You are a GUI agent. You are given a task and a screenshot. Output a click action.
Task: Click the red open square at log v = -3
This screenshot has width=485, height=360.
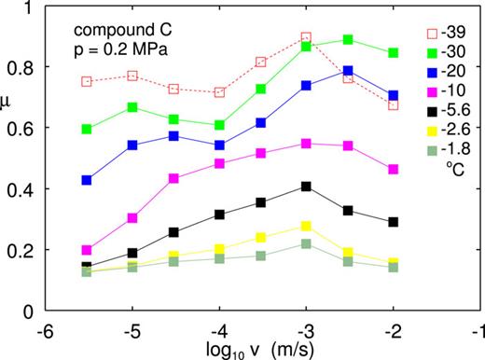tap(306, 38)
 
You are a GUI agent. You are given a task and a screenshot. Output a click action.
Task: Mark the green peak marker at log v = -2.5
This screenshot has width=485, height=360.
tap(348, 40)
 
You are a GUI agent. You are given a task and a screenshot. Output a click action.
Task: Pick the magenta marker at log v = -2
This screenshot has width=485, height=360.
tap(394, 170)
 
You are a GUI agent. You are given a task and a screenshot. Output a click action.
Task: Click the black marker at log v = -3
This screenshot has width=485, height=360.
tap(306, 187)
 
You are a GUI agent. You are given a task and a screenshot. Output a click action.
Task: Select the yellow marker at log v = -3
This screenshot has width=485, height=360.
tap(306, 227)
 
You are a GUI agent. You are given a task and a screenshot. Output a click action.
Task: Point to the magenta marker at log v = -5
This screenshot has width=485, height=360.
tap(132, 218)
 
